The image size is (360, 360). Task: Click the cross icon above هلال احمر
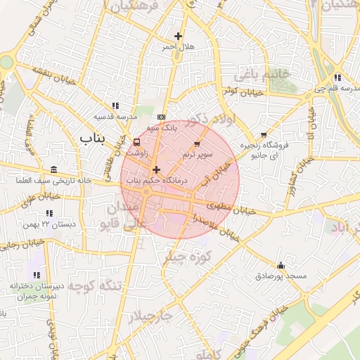[x=177, y=36]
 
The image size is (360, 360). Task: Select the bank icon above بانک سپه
[x=162, y=117]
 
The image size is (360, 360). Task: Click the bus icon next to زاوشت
[x=136, y=141]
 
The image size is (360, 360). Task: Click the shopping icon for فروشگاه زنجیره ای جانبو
[x=264, y=135]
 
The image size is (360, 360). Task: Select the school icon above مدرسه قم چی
[x=337, y=77]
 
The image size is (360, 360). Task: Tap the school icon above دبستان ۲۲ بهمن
[x=49, y=212]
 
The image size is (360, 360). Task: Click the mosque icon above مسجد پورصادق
[x=281, y=265]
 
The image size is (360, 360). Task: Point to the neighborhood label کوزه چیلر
[x=188, y=257]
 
